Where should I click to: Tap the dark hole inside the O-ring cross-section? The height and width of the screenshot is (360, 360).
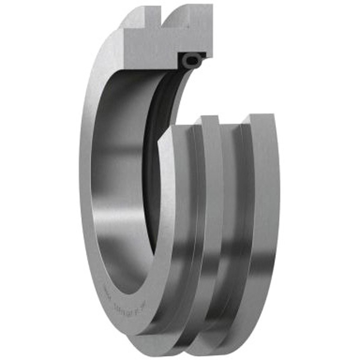192,58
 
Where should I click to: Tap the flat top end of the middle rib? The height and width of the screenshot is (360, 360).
209,120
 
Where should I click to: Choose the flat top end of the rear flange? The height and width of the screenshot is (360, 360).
259,118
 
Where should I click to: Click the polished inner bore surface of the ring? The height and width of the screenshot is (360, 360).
117,180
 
